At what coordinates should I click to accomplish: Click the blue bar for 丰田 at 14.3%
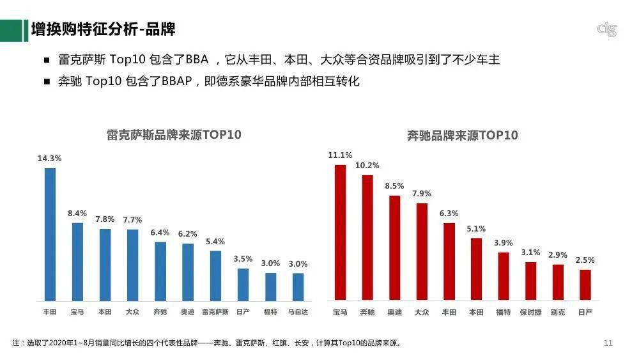pyautogui.click(x=50, y=234)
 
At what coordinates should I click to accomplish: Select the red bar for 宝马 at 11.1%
pyautogui.click(x=340, y=232)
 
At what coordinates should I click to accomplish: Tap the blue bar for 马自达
pyautogui.click(x=298, y=286)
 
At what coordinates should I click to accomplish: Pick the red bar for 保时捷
pyautogui.click(x=531, y=281)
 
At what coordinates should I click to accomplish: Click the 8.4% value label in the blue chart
pyautogui.click(x=77, y=213)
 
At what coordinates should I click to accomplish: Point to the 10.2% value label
pyautogui.click(x=367, y=166)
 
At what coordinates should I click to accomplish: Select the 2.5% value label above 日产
pyautogui.click(x=585, y=260)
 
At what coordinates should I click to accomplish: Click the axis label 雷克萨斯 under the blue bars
pyautogui.click(x=215, y=311)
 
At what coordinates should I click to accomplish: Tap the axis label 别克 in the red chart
pyautogui.click(x=558, y=312)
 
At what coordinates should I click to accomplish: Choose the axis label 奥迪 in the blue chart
pyautogui.click(x=188, y=311)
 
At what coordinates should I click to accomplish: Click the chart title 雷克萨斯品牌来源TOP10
pyautogui.click(x=174, y=135)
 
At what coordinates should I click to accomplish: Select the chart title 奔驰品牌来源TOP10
pyautogui.click(x=463, y=136)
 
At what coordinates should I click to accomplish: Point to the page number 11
pyautogui.click(x=608, y=343)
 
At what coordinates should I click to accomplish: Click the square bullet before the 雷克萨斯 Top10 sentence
pyautogui.click(x=47, y=60)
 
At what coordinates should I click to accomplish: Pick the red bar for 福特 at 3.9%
pyautogui.click(x=504, y=276)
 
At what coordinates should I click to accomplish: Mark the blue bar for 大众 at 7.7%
pyautogui.click(x=132, y=265)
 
